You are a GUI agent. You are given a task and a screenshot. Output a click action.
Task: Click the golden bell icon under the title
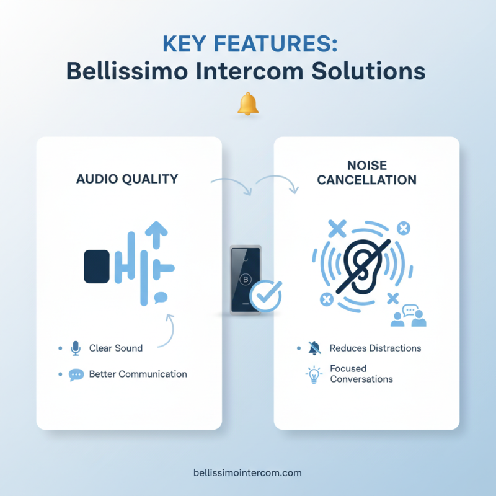[248, 104]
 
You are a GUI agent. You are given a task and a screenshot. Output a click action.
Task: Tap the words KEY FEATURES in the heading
[247, 45]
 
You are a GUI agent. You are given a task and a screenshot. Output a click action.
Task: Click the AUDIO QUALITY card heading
[127, 179]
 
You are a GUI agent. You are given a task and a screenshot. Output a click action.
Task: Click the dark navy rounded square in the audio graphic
[97, 266]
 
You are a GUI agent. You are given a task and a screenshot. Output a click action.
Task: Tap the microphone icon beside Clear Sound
[76, 348]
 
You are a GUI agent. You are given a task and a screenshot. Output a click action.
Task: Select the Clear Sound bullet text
[116, 348]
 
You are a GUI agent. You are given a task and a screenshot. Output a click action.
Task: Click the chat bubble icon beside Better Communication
[76, 374]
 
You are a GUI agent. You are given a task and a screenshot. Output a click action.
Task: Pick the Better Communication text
[138, 374]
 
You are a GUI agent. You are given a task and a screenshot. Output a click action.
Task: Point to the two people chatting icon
[409, 316]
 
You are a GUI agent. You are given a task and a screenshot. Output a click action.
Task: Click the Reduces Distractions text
[375, 348]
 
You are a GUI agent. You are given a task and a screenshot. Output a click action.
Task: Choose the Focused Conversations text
[361, 374]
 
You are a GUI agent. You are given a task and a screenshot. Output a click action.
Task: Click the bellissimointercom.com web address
[247, 472]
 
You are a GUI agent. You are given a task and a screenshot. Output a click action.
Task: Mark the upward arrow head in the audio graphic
[157, 229]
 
